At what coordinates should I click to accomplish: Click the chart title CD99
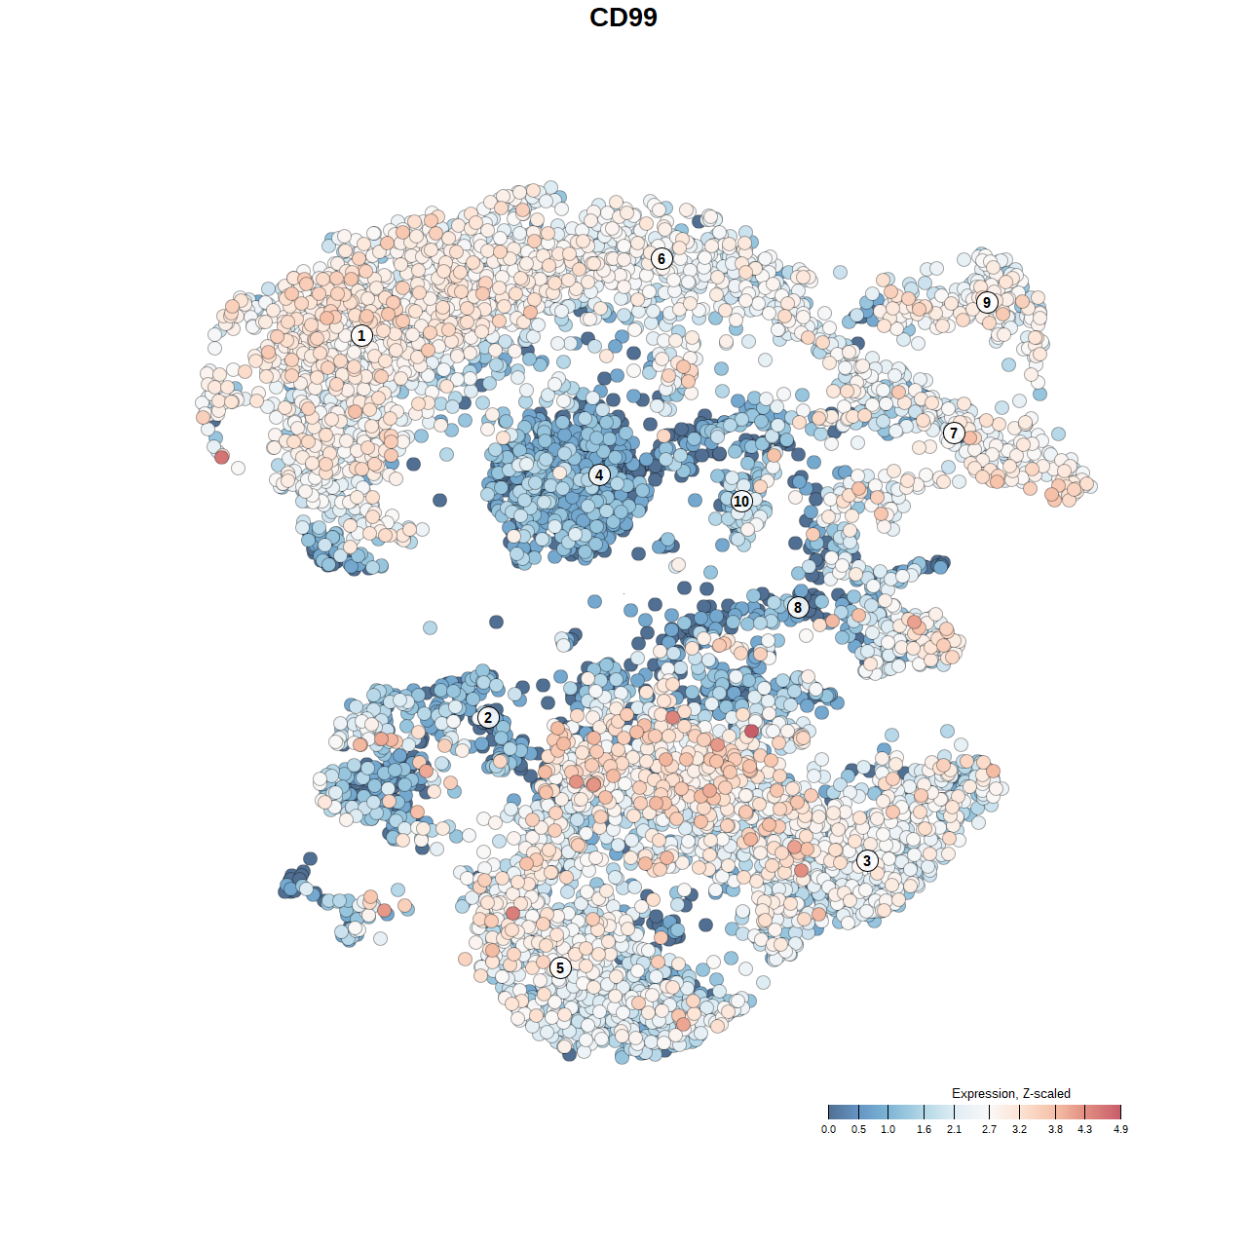coord(623,18)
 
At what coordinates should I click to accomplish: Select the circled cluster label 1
coord(361,335)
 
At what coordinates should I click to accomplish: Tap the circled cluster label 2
coord(488,718)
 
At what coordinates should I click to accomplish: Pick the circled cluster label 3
coord(867,860)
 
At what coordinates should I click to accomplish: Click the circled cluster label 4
coord(599,475)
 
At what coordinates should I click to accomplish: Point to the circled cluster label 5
coord(560,967)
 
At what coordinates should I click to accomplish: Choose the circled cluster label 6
coord(661,258)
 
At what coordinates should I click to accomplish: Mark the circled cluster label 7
coord(954,434)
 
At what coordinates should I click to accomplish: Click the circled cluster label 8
coord(798,608)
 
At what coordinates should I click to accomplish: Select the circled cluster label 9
coord(987,302)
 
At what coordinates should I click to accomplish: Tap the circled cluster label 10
coord(741,501)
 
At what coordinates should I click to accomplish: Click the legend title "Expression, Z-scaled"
coord(1010,1093)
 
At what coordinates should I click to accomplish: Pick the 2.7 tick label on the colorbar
coord(989,1129)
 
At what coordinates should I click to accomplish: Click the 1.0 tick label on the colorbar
coord(888,1129)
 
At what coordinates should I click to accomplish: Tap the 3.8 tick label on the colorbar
coord(1055,1129)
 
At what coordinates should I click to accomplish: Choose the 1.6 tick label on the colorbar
coord(924,1129)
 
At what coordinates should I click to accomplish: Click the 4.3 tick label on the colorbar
coord(1084,1129)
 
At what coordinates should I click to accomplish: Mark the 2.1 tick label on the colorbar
coord(954,1129)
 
